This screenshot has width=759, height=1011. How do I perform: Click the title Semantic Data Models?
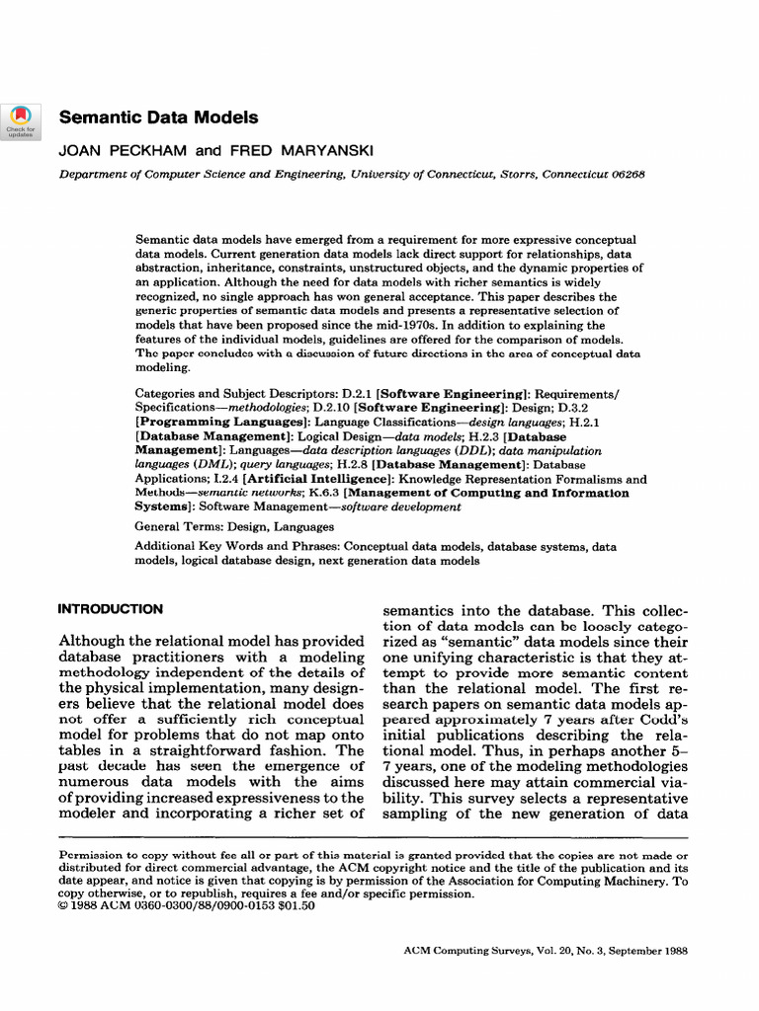coord(159,117)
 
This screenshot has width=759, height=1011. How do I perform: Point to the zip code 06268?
coord(626,173)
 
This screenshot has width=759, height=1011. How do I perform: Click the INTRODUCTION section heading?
coord(111,609)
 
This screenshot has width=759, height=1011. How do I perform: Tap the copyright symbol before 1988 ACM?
coord(65,906)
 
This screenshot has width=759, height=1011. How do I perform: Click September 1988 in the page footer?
coord(646,951)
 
